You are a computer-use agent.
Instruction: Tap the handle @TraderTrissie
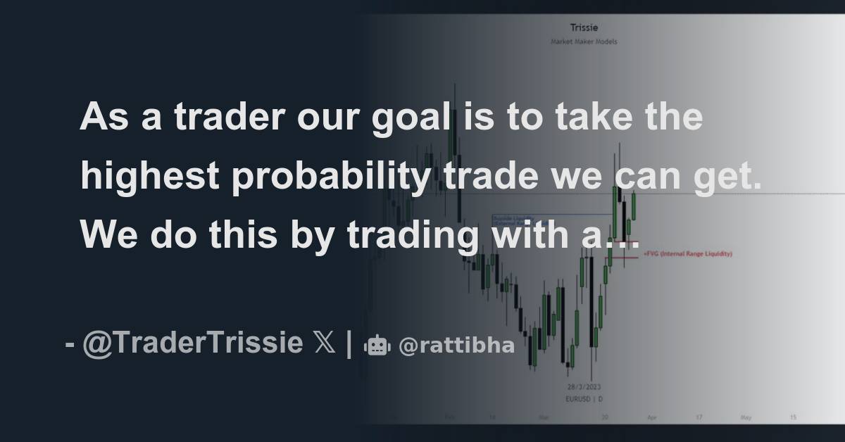(x=193, y=346)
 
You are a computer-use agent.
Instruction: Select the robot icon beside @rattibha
(x=377, y=346)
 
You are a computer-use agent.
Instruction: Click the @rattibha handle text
(x=456, y=346)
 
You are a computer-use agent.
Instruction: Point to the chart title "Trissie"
(x=584, y=28)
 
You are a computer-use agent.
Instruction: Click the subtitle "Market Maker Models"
(x=584, y=42)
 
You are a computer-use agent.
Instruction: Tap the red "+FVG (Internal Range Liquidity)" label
(x=687, y=253)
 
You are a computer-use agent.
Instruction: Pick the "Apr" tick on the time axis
(x=651, y=417)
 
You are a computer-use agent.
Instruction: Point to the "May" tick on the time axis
(x=746, y=417)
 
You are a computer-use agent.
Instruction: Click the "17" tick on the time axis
(x=699, y=417)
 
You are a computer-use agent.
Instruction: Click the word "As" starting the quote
(x=103, y=118)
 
